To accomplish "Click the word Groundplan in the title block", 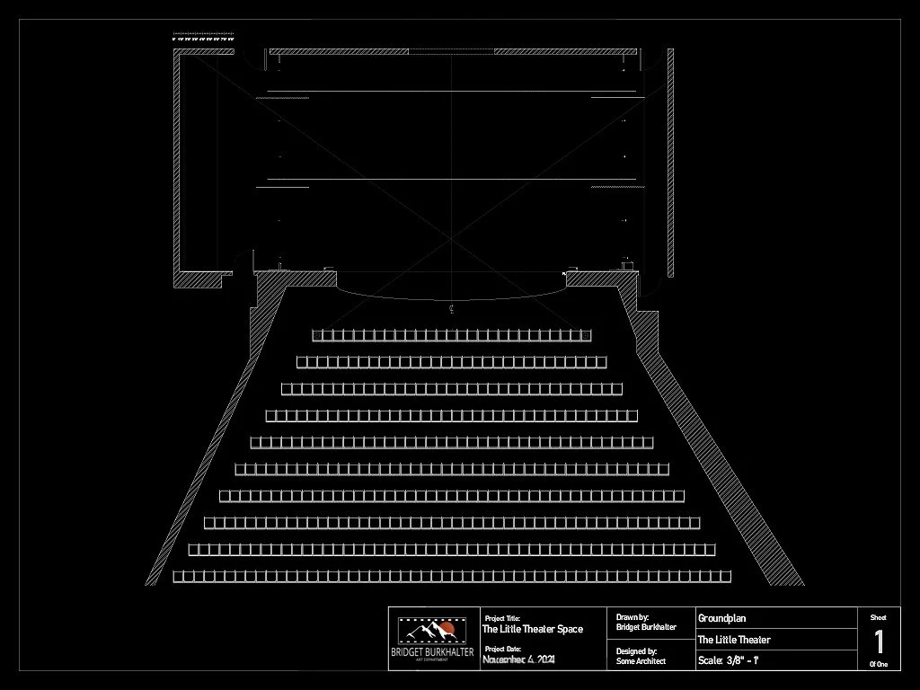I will (x=721, y=618).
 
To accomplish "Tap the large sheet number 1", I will (x=879, y=642).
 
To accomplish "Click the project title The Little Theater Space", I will (x=533, y=629).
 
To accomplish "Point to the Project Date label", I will (x=502, y=649).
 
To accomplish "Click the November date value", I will (x=518, y=659).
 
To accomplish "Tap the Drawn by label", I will (x=632, y=617).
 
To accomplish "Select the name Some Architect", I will (x=641, y=661).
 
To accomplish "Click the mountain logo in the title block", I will (x=432, y=632).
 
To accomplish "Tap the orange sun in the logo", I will (x=446, y=627).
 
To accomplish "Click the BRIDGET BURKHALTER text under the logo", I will (x=432, y=652).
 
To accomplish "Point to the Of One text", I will (x=878, y=665).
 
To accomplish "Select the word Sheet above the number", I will (x=878, y=617).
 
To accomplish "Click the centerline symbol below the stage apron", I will (x=451, y=308).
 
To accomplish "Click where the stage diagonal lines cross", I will (x=451, y=238).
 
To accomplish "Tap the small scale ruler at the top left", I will (x=205, y=39).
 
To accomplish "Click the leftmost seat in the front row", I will (x=317, y=335).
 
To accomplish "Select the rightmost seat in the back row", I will (x=725, y=576).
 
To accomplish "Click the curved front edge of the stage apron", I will (x=451, y=297).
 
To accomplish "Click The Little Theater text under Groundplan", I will (x=734, y=640).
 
